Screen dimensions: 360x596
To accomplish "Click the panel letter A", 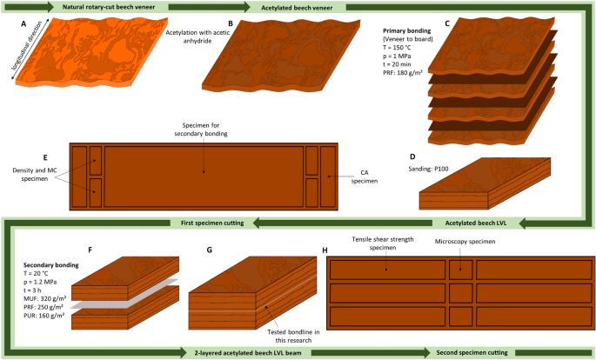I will click(23, 25).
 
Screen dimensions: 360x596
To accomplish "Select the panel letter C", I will click(445, 25).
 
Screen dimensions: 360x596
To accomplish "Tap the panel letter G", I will click(209, 250).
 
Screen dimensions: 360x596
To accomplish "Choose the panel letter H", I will click(325, 250).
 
